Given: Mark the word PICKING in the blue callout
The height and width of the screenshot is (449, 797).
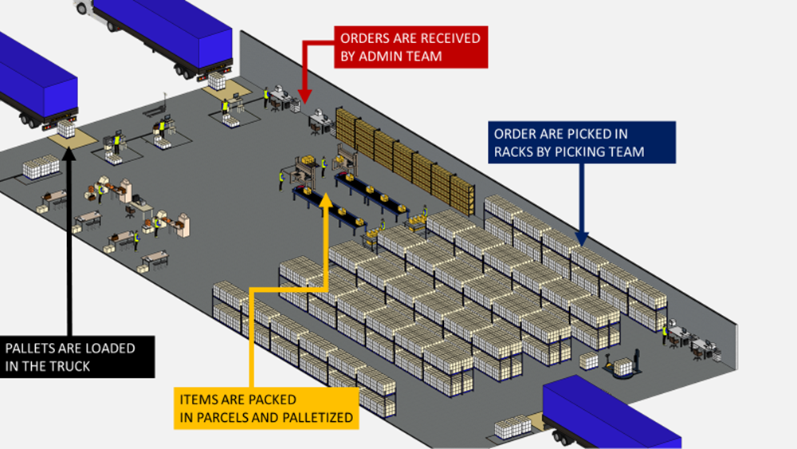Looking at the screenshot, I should (579, 151).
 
